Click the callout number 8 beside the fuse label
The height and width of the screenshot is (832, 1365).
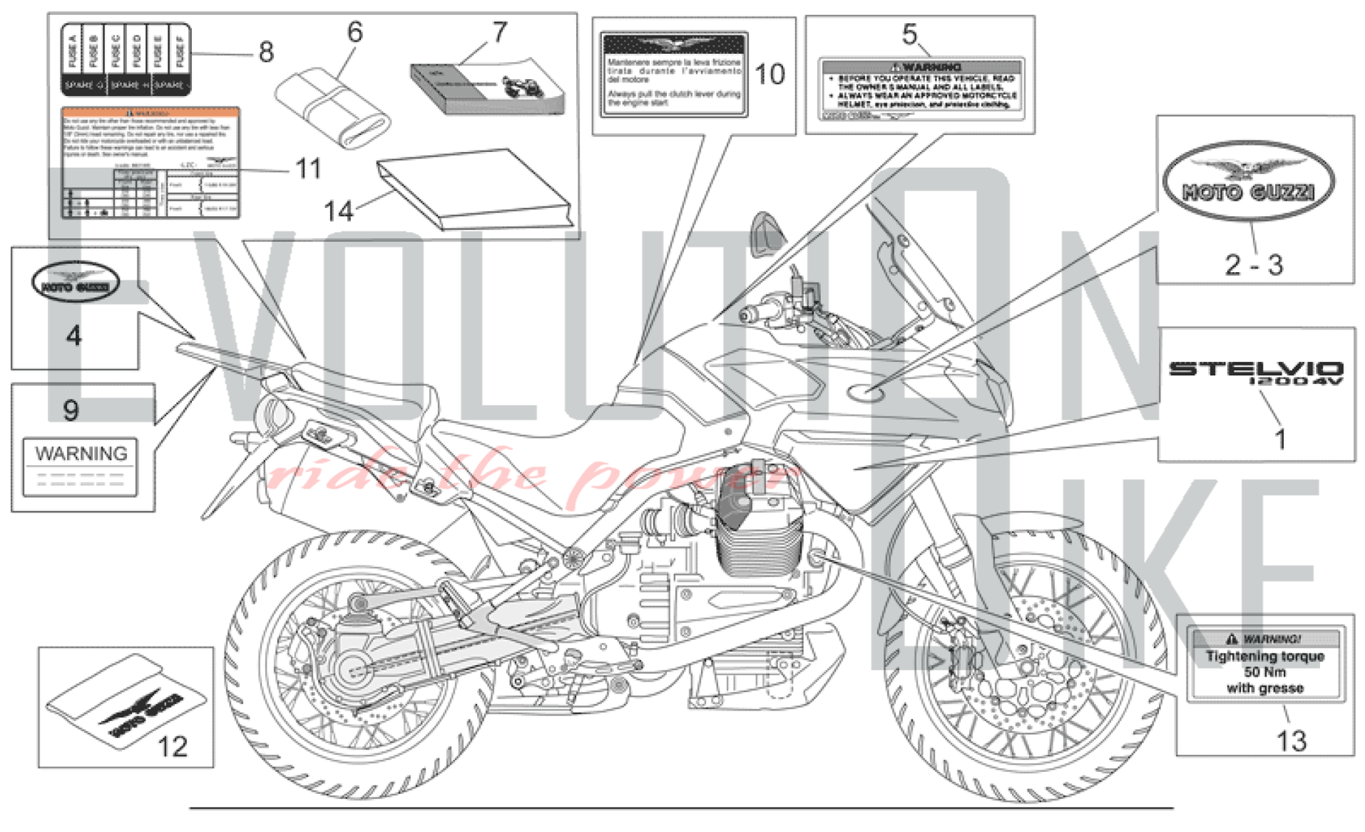point(266,53)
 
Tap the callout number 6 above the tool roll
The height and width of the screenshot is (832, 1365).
point(355,32)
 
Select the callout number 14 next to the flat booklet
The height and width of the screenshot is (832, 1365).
point(339,211)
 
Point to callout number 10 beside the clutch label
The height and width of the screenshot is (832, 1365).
point(770,74)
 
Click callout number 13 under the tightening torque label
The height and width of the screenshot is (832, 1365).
point(1291,741)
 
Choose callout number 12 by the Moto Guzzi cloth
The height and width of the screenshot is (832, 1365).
point(172,747)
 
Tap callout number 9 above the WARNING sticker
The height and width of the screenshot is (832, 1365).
point(71,410)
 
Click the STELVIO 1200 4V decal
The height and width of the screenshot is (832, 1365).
point(1256,372)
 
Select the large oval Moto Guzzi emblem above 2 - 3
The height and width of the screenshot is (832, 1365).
point(1249,182)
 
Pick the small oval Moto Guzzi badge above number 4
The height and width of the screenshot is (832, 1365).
point(75,282)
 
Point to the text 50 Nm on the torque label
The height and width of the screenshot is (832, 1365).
point(1265,672)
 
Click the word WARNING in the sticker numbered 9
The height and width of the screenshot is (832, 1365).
point(81,454)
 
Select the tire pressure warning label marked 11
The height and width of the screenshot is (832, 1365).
point(150,162)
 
